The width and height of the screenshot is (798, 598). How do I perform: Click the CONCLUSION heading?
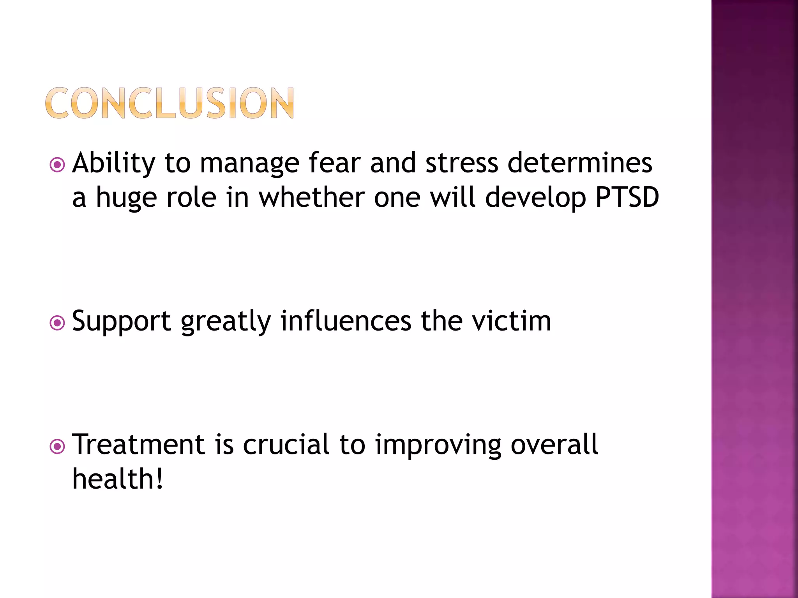[x=169, y=103]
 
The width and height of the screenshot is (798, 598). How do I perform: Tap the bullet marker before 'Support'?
[x=57, y=323]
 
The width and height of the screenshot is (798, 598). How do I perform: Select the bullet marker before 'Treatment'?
[x=57, y=447]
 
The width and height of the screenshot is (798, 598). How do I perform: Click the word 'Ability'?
[x=113, y=164]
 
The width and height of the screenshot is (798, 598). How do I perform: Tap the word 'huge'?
[x=126, y=198]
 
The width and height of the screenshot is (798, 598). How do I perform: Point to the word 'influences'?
[x=346, y=321]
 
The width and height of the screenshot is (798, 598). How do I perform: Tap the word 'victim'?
[x=511, y=321]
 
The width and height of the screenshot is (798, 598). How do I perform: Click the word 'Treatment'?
[x=139, y=445]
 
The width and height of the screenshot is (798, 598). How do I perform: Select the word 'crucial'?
[x=286, y=445]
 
